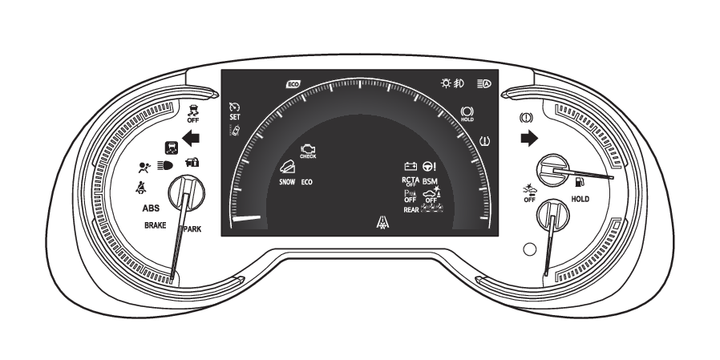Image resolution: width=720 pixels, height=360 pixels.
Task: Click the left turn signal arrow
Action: click(190, 138)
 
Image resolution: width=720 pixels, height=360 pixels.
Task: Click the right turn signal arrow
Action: click(528, 138)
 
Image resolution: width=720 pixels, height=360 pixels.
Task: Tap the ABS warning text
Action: click(151, 208)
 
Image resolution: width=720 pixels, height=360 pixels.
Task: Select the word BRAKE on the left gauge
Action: click(155, 226)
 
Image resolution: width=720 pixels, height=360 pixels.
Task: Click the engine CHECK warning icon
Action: click(307, 151)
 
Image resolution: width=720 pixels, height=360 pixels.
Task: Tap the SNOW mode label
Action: click(287, 182)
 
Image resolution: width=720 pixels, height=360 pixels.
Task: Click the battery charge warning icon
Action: click(411, 166)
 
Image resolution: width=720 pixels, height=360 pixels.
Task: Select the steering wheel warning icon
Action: click(430, 166)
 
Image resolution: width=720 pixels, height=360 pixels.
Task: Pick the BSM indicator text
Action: click(430, 181)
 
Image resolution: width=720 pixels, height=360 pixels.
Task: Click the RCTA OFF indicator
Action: click(410, 181)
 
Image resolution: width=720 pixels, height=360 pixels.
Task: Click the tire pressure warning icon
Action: click(484, 141)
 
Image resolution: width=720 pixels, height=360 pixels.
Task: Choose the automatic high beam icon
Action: click(483, 83)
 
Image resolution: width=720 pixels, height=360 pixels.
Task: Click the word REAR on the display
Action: click(411, 209)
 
